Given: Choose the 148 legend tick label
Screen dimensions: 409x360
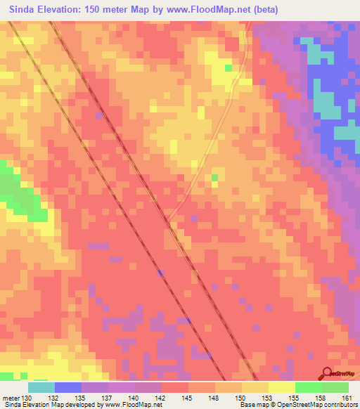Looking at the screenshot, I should [x=215, y=398].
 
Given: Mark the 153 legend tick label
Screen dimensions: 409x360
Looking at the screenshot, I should [x=269, y=398].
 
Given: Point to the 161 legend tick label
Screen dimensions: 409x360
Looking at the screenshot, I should [x=347, y=398].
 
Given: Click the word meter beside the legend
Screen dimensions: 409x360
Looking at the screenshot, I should [x=11, y=398].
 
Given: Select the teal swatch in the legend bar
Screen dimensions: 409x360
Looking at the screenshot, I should [x=41, y=387].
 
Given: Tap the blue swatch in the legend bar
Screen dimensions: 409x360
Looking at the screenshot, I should [x=68, y=387].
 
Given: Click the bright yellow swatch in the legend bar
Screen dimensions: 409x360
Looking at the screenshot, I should [x=282, y=387].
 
